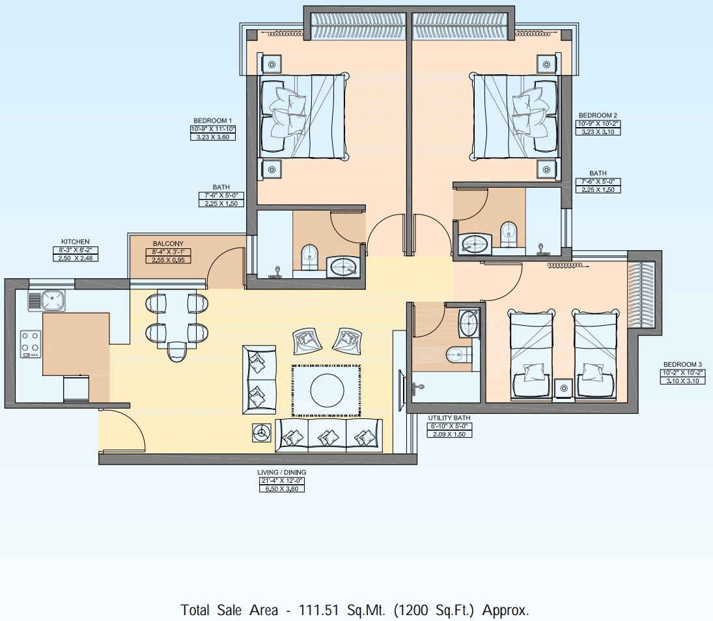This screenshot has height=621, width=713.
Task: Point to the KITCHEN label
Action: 76,242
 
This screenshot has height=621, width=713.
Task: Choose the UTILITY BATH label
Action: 449,418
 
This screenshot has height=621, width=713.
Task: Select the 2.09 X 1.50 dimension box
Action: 449,434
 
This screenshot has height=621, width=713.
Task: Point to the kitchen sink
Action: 51,301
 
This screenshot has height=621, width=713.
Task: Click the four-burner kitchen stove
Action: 31,343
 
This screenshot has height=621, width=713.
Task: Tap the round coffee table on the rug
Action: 327,390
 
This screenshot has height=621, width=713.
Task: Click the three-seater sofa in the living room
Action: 328,435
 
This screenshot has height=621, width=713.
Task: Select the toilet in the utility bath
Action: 458,354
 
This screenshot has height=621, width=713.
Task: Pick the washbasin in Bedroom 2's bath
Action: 475,244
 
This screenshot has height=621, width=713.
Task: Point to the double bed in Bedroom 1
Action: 303,116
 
